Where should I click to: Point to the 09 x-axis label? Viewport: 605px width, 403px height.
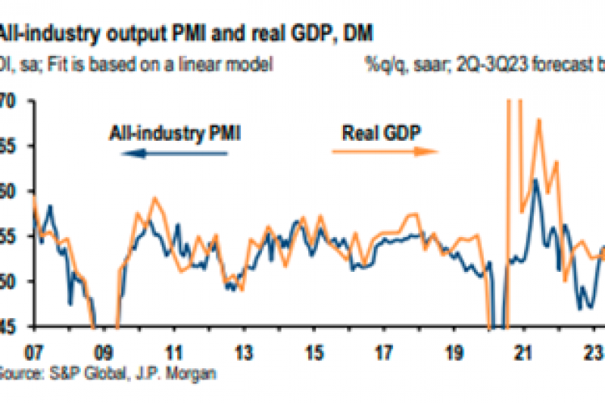point(104,353)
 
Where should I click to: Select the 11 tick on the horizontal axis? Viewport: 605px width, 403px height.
point(173,353)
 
